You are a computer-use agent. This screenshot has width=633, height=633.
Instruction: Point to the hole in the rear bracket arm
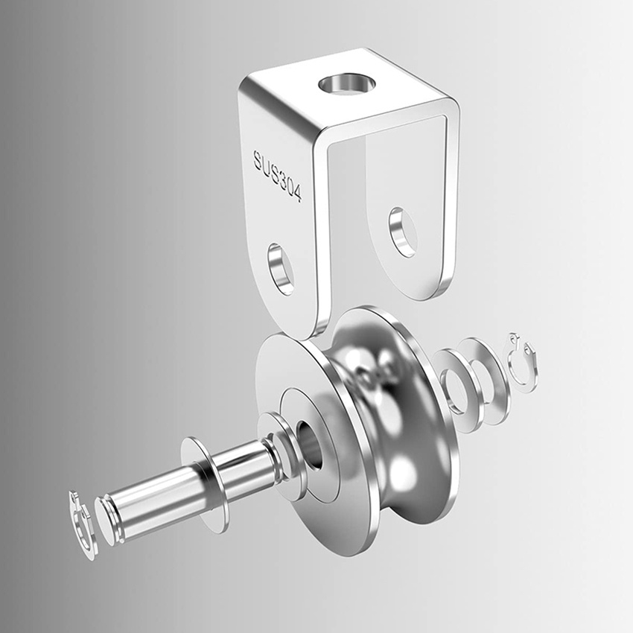[403, 232]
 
